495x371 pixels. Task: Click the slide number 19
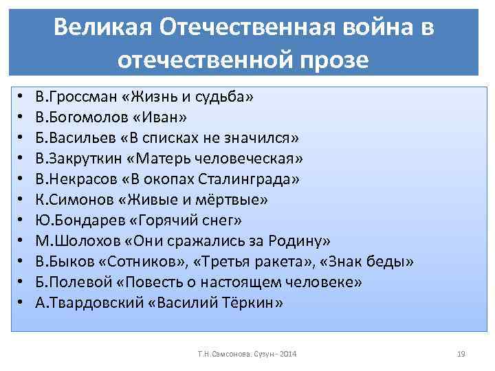(461, 354)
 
